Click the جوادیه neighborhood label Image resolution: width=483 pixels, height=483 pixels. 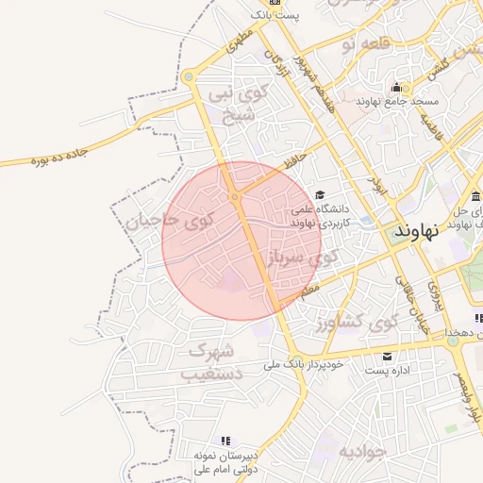[363, 450]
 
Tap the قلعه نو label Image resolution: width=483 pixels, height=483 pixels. [362, 43]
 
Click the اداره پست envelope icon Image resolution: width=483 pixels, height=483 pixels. [387, 357]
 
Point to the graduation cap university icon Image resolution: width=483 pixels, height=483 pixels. [320, 194]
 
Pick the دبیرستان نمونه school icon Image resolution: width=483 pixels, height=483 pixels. [225, 441]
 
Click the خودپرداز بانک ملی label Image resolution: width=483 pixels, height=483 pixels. [313, 362]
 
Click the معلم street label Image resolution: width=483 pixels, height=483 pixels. [310, 293]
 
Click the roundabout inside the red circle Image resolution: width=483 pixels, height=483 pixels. [234, 196]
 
